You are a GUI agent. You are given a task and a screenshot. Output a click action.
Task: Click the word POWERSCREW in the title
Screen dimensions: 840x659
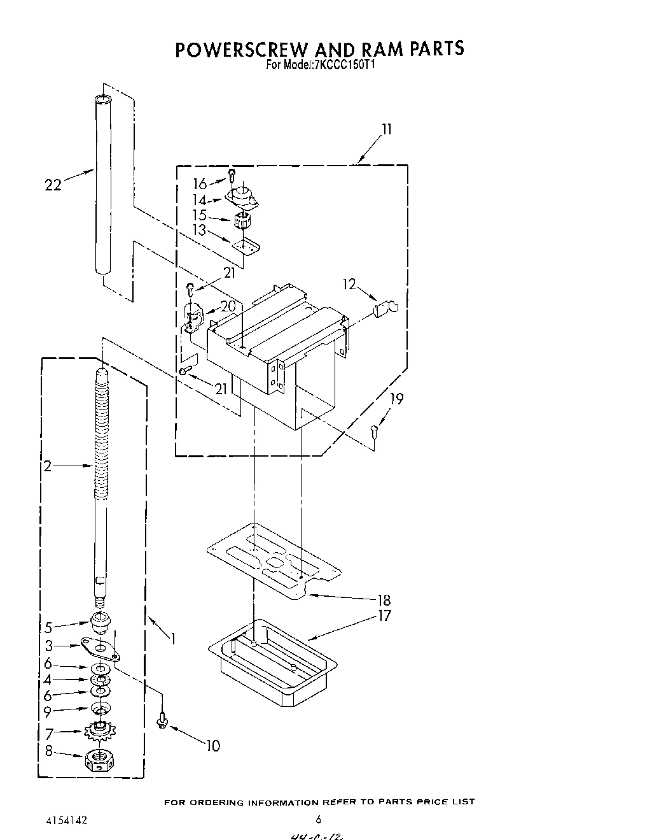click(x=239, y=50)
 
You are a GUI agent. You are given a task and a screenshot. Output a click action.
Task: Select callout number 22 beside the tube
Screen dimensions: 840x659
click(x=53, y=185)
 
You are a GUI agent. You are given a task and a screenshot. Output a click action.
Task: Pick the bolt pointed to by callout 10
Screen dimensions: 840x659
click(x=162, y=722)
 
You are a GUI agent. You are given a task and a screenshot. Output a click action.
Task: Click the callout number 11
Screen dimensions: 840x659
click(x=386, y=129)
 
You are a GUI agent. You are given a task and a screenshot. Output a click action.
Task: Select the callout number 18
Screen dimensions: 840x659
click(x=384, y=600)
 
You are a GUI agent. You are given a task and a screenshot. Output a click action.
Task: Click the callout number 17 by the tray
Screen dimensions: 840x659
click(x=384, y=616)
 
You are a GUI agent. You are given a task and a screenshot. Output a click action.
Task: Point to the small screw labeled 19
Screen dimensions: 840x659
click(x=375, y=433)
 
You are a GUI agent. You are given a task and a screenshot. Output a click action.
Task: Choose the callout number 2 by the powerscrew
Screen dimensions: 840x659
click(x=48, y=466)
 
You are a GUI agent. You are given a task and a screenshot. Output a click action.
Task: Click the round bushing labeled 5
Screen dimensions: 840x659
click(x=99, y=620)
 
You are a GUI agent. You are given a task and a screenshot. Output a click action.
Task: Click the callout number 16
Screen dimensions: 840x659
click(x=200, y=184)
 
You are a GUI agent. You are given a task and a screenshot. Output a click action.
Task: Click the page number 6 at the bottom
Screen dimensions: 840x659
click(x=318, y=820)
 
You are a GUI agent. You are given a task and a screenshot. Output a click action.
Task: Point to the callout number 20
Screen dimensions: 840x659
click(x=228, y=306)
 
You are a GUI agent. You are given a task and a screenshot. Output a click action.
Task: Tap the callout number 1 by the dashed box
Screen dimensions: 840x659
click(x=171, y=637)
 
